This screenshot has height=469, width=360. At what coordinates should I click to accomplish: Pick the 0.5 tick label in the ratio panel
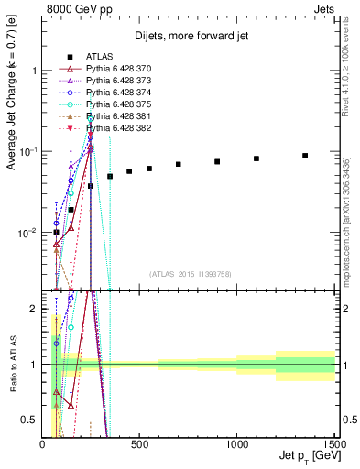pyautogui.click(x=31, y=420)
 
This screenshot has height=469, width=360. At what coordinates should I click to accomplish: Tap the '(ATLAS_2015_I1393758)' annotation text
pyautogui.click(x=190, y=274)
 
